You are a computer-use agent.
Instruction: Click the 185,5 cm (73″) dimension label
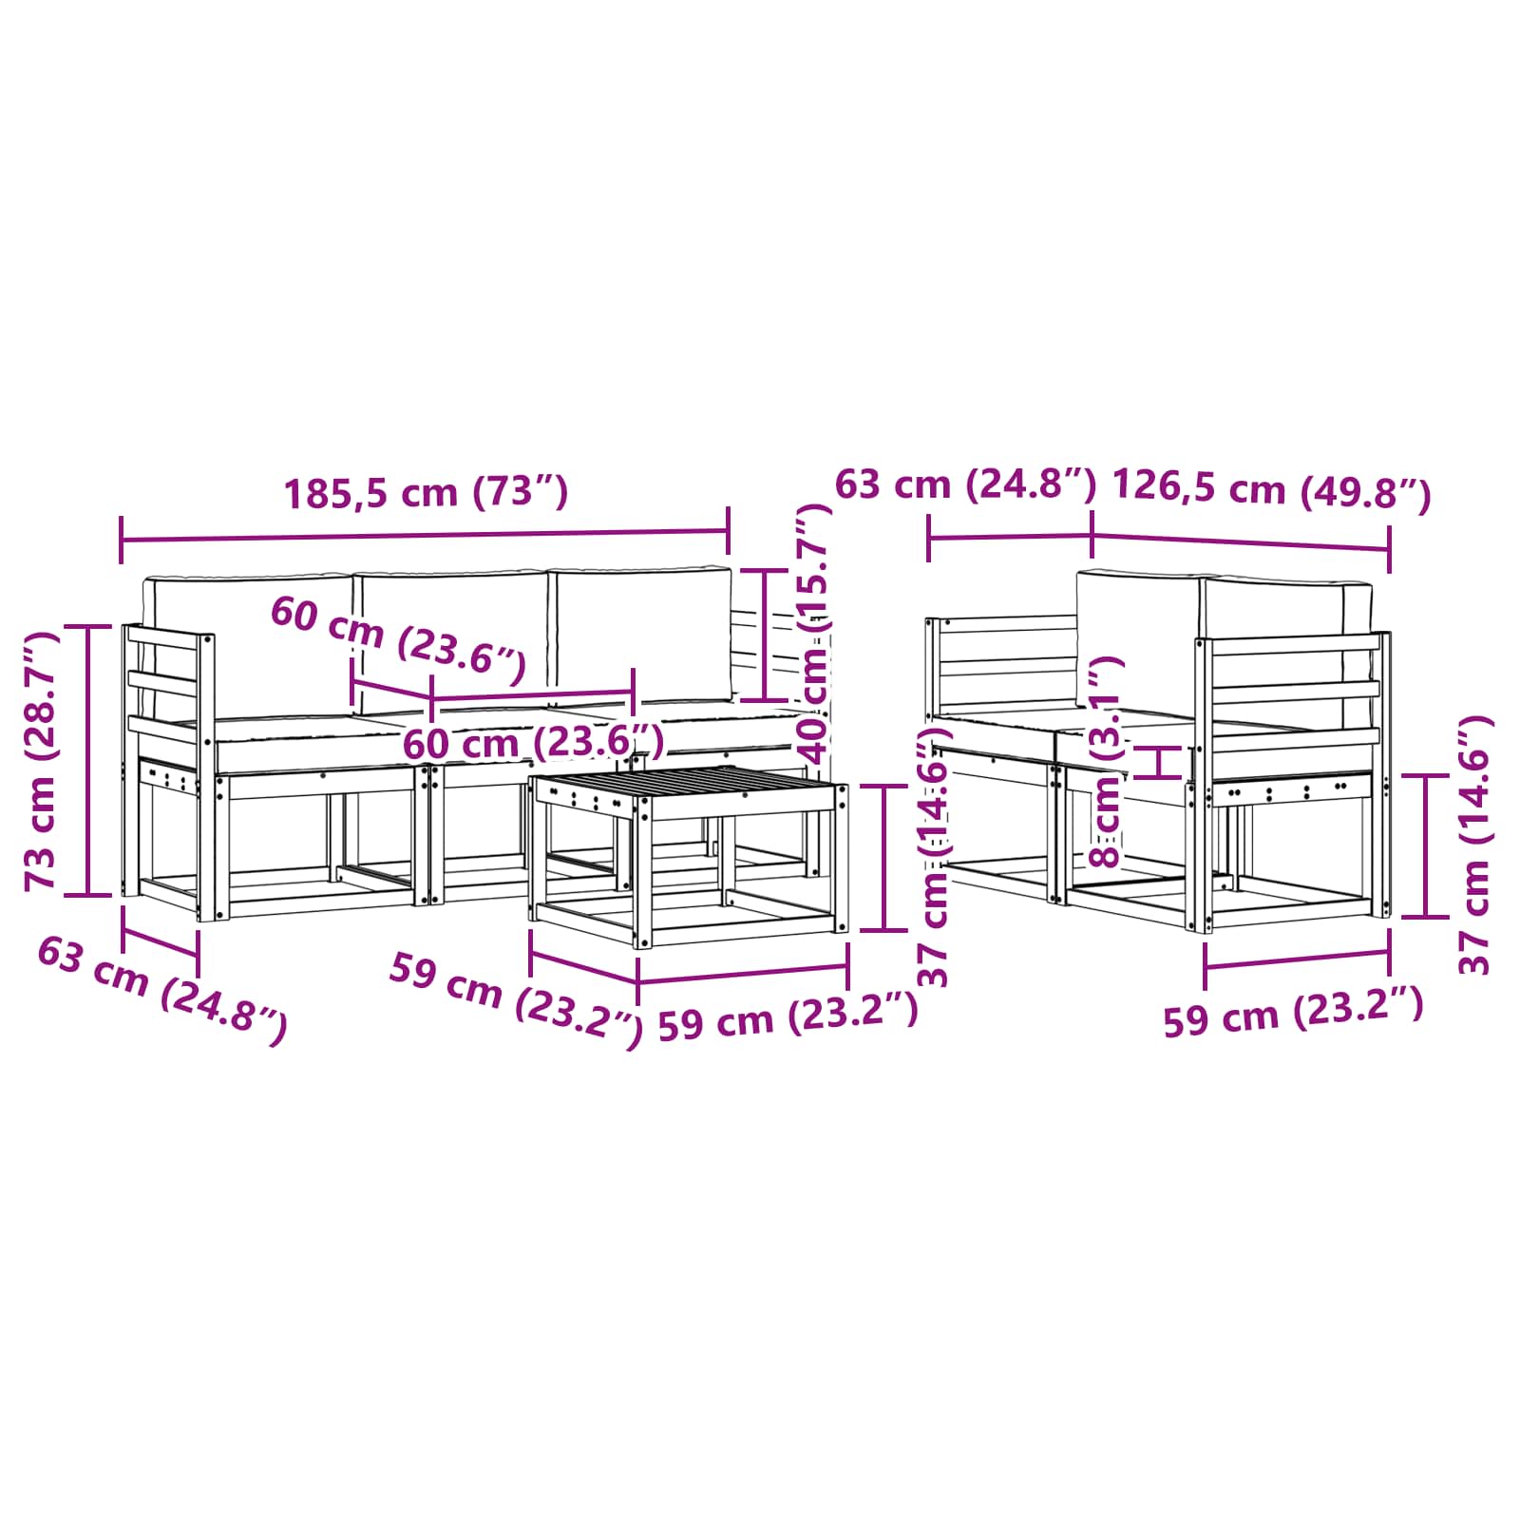426,492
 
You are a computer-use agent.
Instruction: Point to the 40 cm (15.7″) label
814,634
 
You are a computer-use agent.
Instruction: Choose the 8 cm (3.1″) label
1107,761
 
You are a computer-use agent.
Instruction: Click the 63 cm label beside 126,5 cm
965,484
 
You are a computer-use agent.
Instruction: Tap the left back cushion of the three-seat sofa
249,646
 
